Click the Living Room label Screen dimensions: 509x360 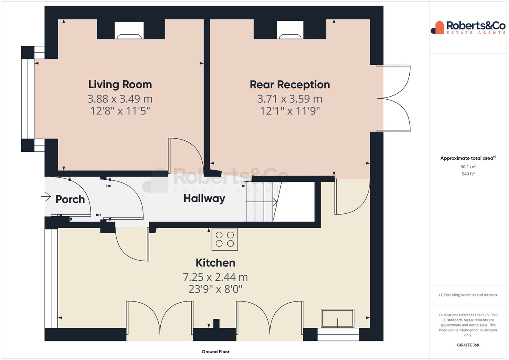[120, 84]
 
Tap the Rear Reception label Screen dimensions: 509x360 [290, 85]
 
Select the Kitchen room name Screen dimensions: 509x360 [215, 263]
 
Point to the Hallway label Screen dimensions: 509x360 [204, 198]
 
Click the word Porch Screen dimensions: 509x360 [70, 199]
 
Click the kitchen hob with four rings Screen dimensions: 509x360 [225, 239]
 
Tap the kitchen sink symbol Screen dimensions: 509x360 [338, 318]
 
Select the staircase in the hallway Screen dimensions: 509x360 [263, 202]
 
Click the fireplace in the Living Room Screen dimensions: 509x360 [129, 30]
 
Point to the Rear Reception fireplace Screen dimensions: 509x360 [290, 30]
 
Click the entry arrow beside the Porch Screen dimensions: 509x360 [46, 197]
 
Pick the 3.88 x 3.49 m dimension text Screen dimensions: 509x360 [120, 99]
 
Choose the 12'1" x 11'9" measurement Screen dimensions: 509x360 [290, 111]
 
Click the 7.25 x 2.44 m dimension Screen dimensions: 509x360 [215, 277]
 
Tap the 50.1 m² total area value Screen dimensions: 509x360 [468, 167]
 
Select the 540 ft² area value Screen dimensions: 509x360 [468, 174]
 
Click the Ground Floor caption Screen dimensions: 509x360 [215, 352]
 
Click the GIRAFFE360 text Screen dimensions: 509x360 [468, 345]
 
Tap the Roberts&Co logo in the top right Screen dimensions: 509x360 [468, 28]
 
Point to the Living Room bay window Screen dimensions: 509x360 [28, 99]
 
